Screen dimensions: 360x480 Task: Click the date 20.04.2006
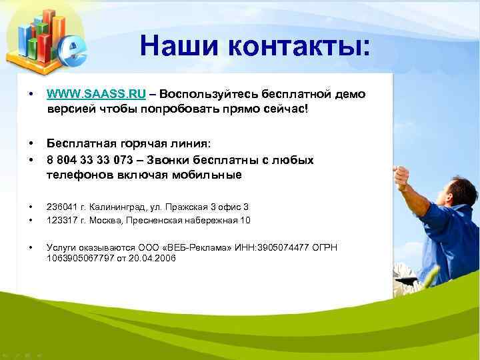point(154,257)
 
